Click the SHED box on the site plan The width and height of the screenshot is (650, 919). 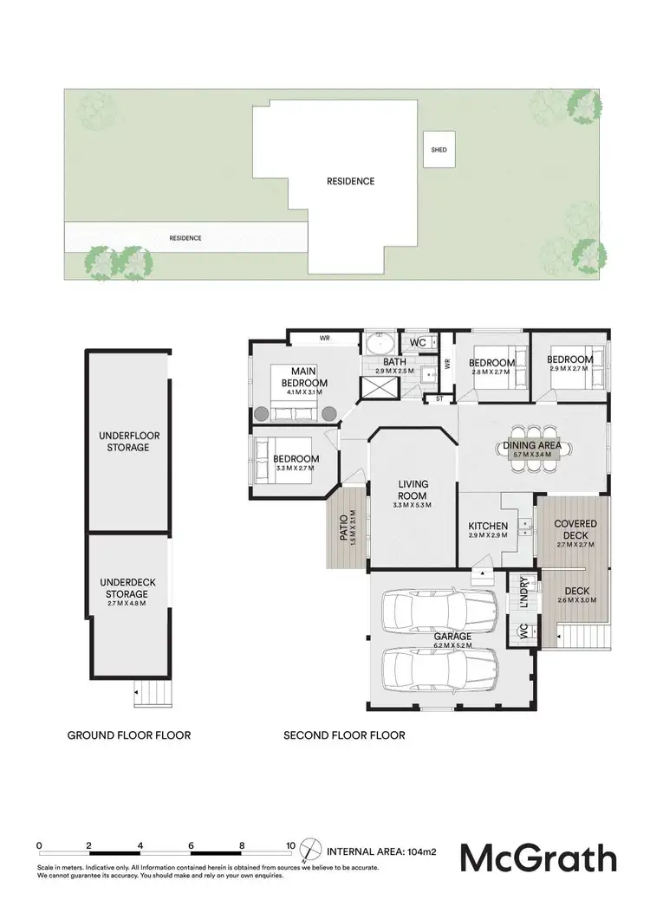tap(439, 150)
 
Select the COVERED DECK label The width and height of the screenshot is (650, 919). tap(575, 529)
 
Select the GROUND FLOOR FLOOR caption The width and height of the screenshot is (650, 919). tap(129, 735)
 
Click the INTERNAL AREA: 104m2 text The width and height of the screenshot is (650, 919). tap(382, 851)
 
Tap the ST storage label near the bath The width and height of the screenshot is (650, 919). tap(440, 399)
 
